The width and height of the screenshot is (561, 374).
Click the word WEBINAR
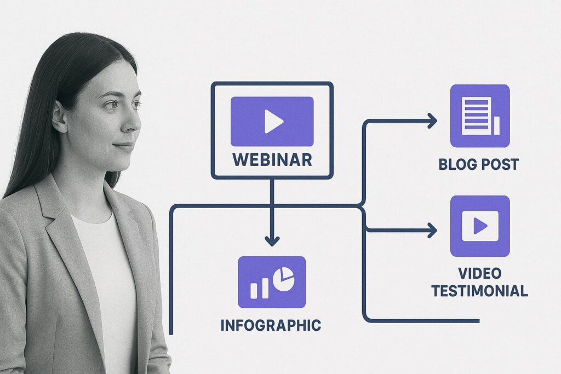[x=272, y=159]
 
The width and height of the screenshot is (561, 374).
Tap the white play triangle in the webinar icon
[x=272, y=121]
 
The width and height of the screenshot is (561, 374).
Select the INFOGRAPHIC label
[x=271, y=325]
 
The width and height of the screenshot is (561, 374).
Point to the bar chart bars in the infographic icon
[x=259, y=288]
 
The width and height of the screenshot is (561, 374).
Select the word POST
[x=499, y=164]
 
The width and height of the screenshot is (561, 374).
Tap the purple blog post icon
[x=480, y=116]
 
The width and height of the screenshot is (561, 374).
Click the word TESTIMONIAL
[x=479, y=291]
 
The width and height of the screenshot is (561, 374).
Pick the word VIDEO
[x=480, y=273]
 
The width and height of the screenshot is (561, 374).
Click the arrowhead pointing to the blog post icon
[x=432, y=120]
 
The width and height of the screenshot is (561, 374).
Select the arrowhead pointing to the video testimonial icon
[x=432, y=231]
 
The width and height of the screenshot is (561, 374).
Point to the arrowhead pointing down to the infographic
[x=272, y=240]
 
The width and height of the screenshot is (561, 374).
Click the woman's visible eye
[x=111, y=105]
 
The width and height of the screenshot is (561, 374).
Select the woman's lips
[x=124, y=146]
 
